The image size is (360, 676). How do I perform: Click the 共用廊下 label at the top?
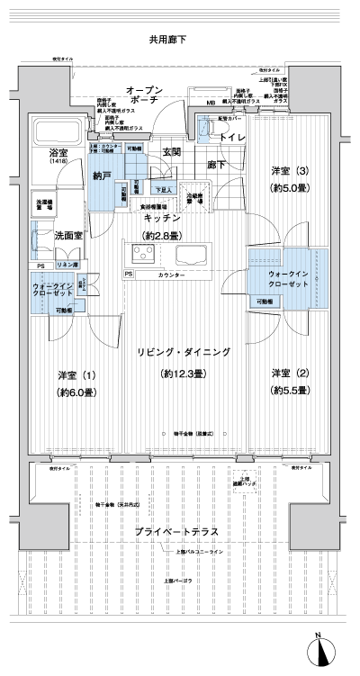[167, 41]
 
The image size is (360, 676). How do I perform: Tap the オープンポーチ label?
[144, 98]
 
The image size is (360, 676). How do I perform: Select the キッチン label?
[162, 219]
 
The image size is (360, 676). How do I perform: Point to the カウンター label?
[172, 274]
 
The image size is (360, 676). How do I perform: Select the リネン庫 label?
[67, 266]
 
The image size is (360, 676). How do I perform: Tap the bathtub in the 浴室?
[56, 131]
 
